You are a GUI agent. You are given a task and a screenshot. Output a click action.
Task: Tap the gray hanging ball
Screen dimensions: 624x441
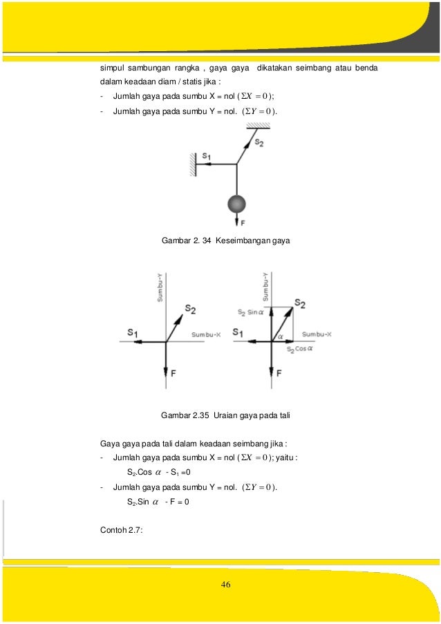click(237, 205)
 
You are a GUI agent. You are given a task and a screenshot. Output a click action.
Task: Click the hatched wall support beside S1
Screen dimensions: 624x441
click(195, 164)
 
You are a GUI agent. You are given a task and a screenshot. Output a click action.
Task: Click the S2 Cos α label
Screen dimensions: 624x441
click(299, 350)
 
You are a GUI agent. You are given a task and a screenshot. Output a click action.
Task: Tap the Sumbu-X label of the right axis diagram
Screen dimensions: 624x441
click(317, 334)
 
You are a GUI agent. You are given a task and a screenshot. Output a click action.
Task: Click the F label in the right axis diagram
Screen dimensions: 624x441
click(279, 373)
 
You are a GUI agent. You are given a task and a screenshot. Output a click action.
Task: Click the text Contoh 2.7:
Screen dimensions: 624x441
click(122, 531)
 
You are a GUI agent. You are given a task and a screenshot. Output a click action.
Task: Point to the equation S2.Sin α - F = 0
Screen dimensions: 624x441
click(158, 502)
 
